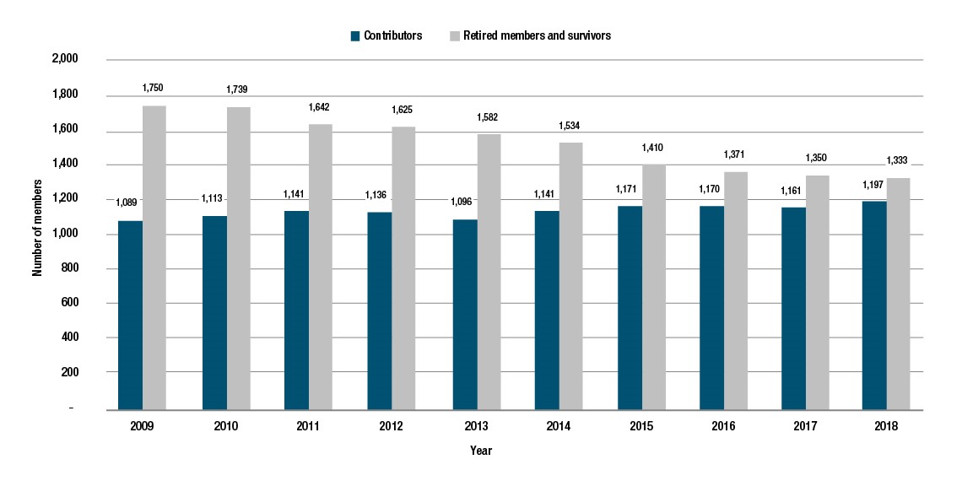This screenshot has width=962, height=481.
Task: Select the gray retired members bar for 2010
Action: point(238,258)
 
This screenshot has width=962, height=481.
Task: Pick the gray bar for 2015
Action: point(653,287)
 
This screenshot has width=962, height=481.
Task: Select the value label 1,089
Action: point(127,202)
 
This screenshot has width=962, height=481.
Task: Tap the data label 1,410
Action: point(653,146)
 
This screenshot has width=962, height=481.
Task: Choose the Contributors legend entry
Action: point(386,36)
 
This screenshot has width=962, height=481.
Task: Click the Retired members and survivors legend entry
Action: point(529,36)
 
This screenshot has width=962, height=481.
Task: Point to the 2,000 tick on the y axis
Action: point(65,59)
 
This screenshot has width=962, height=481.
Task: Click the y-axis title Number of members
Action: point(37,234)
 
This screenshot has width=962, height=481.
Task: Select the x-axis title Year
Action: point(481,451)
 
